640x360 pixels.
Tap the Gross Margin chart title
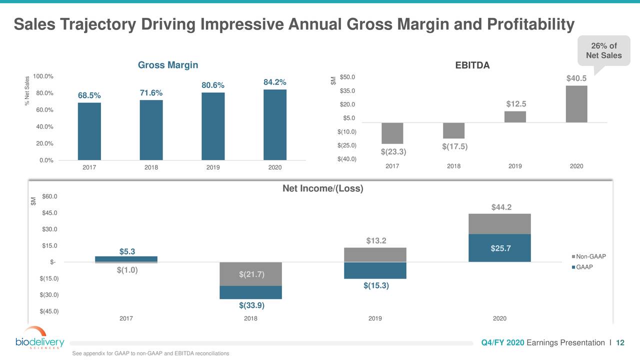168,65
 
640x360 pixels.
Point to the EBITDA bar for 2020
576,104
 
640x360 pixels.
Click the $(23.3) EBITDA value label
393,151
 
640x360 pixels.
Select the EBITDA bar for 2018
453,130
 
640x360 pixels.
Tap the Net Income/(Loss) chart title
322,188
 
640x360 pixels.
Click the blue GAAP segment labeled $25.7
499,248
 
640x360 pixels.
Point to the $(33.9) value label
252,305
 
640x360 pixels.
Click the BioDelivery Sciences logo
40,338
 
